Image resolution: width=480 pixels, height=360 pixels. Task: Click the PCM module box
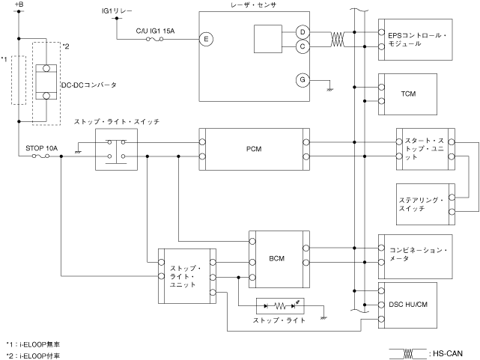(253, 148)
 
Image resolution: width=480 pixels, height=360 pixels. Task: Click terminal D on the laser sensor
(303, 32)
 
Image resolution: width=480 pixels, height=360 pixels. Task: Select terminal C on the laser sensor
(303, 46)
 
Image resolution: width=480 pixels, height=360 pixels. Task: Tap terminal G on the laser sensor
(303, 80)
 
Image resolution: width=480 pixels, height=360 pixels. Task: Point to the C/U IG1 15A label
(155, 31)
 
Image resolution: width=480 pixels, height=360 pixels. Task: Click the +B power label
(19, 6)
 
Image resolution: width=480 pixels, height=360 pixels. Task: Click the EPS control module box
(416, 39)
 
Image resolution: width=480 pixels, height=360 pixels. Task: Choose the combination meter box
(416, 254)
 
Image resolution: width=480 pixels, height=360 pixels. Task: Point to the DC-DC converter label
(88, 85)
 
